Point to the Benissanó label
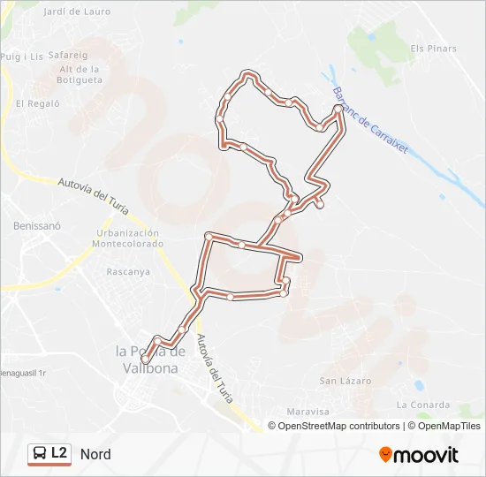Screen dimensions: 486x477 pyautogui.click(x=36, y=225)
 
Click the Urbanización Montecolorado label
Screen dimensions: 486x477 pyautogui.click(x=128, y=238)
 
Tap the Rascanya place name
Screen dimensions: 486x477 pyautogui.click(x=127, y=271)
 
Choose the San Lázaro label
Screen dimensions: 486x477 pyautogui.click(x=345, y=381)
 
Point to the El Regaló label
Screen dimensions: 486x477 pyautogui.click(x=37, y=103)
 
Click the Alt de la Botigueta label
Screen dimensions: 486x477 pyautogui.click(x=80, y=74)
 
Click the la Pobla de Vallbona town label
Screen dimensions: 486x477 pyautogui.click(x=152, y=360)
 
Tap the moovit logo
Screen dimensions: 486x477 pyautogui.click(x=419, y=455)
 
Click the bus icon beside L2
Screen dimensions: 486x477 pyautogui.click(x=40, y=454)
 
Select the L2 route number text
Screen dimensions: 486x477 pyautogui.click(x=59, y=453)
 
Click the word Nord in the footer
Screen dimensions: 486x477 pyautogui.click(x=95, y=454)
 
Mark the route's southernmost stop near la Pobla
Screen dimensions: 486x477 pyautogui.click(x=145, y=359)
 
